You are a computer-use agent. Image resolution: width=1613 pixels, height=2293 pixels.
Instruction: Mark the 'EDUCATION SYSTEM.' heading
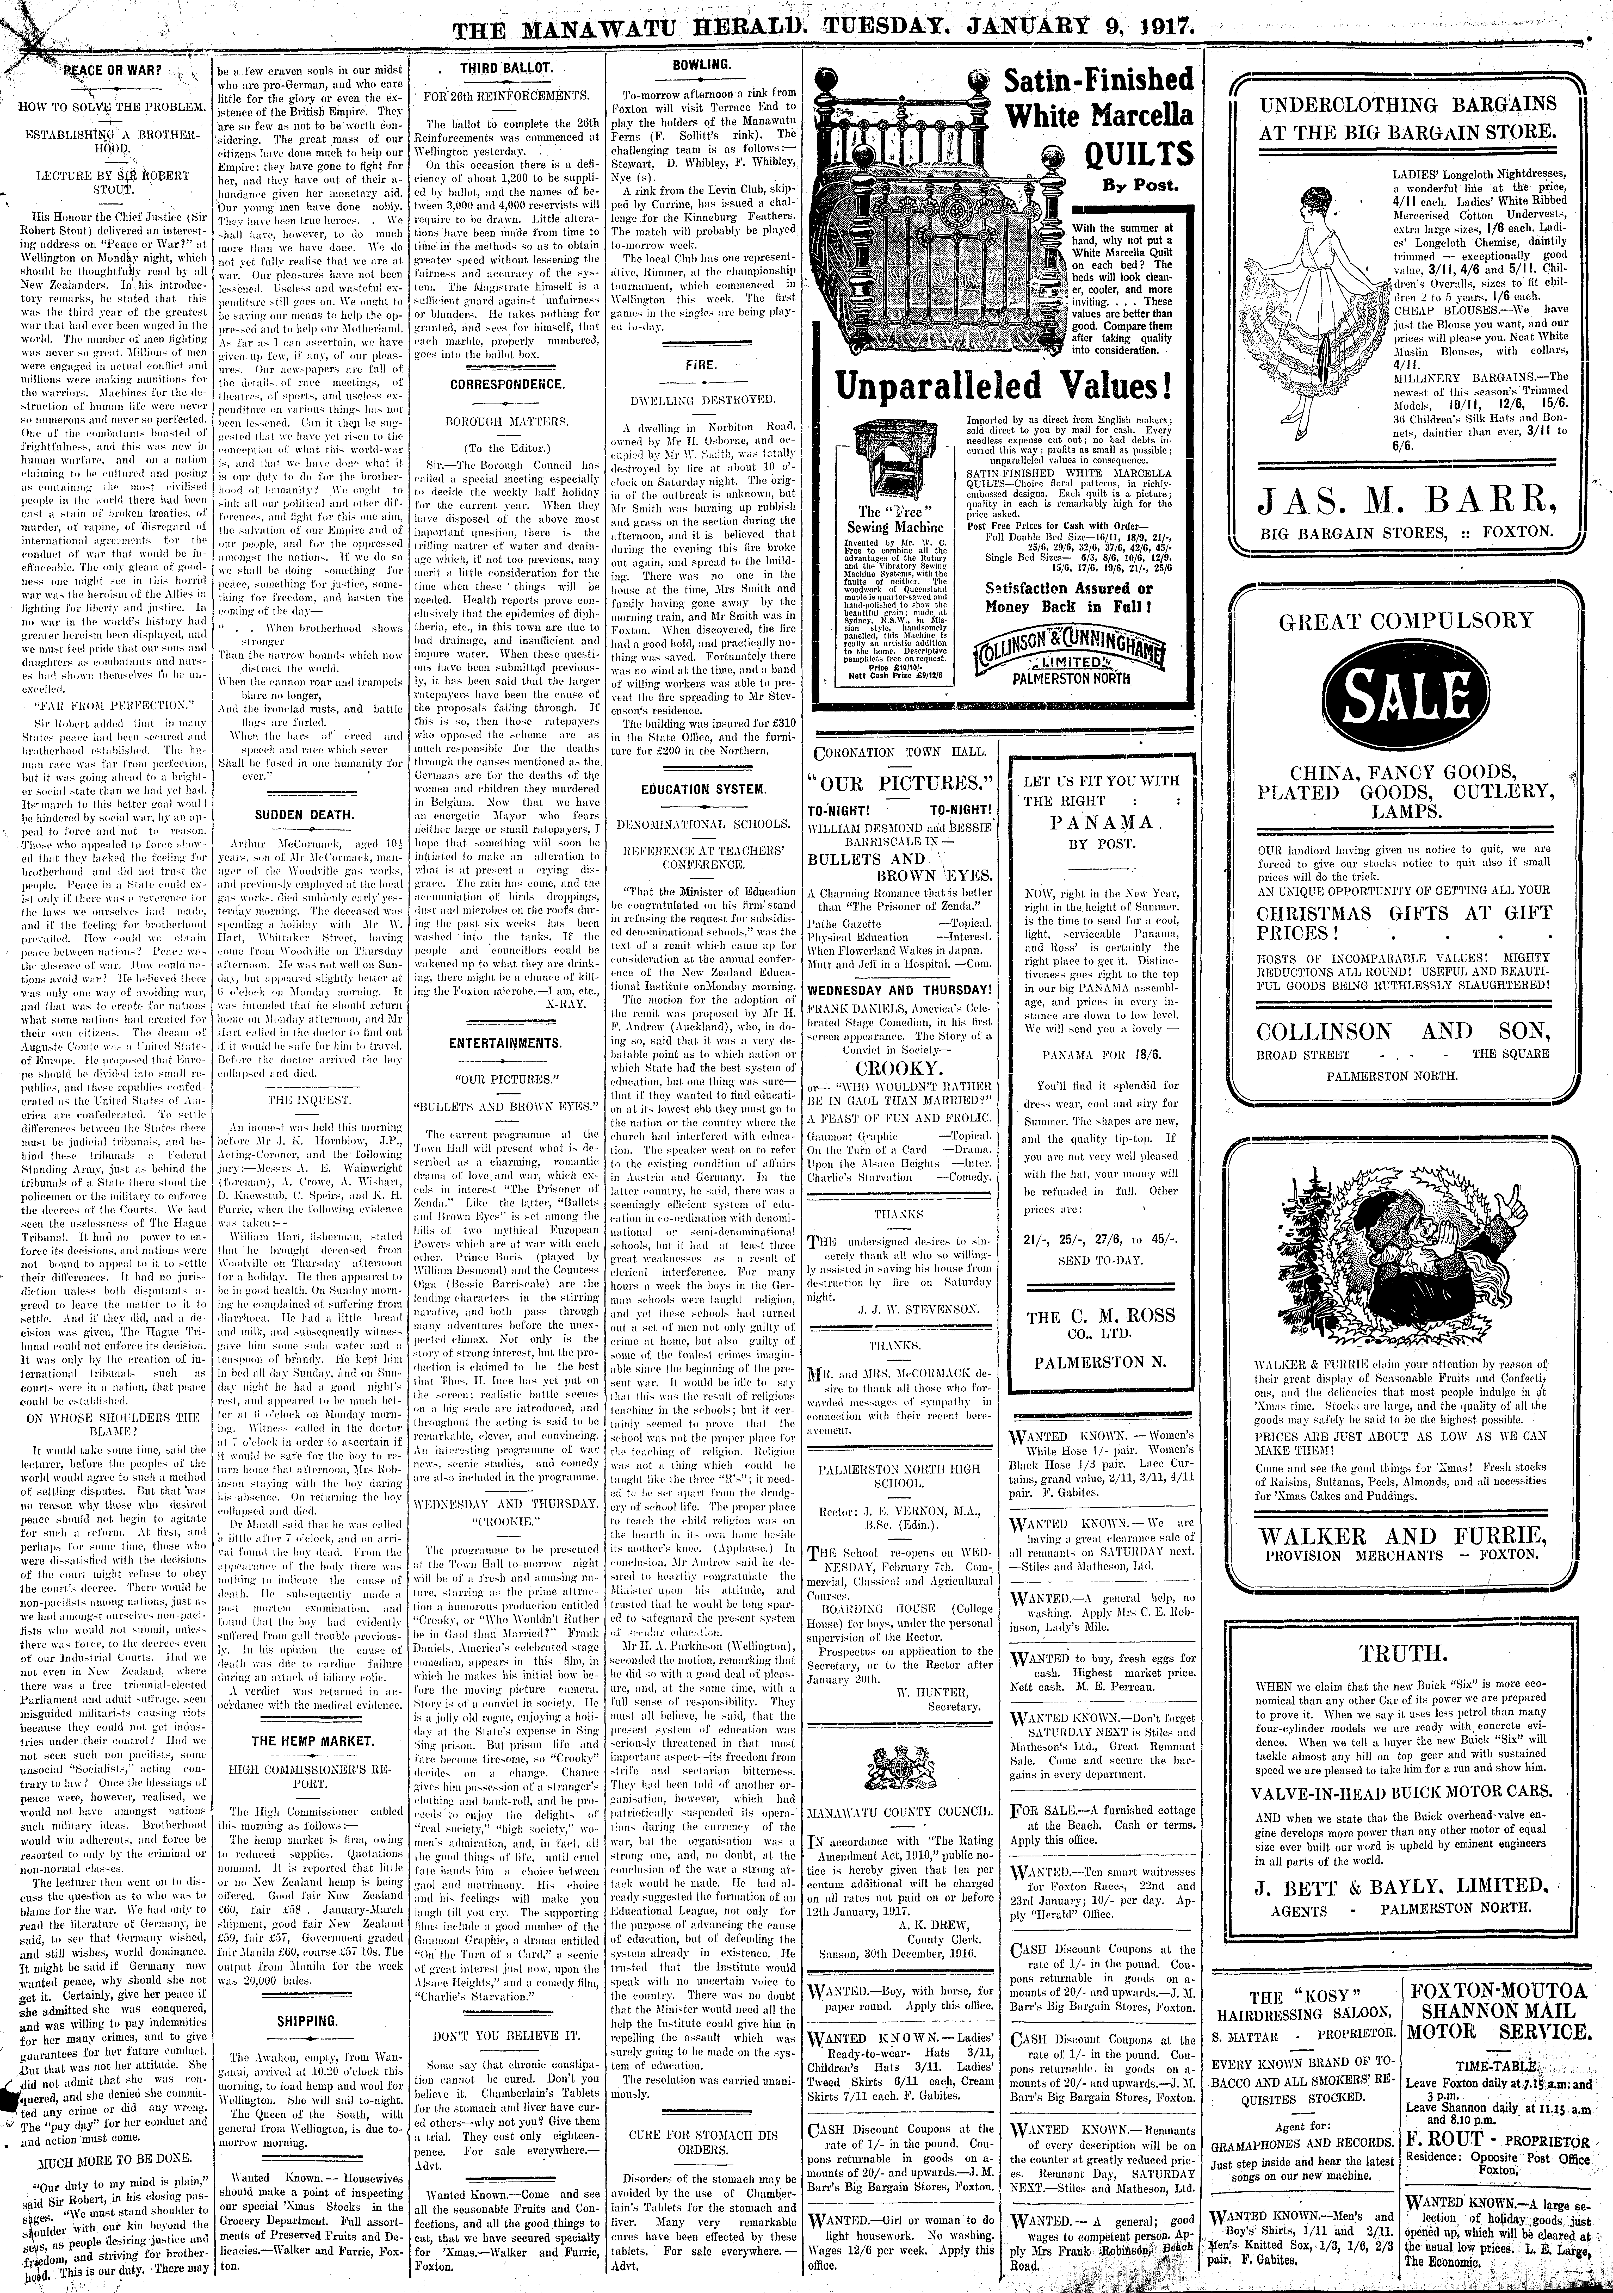[x=703, y=789]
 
